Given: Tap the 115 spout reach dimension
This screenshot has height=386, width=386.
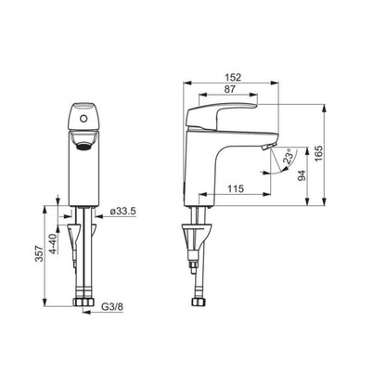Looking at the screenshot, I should [x=237, y=189].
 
